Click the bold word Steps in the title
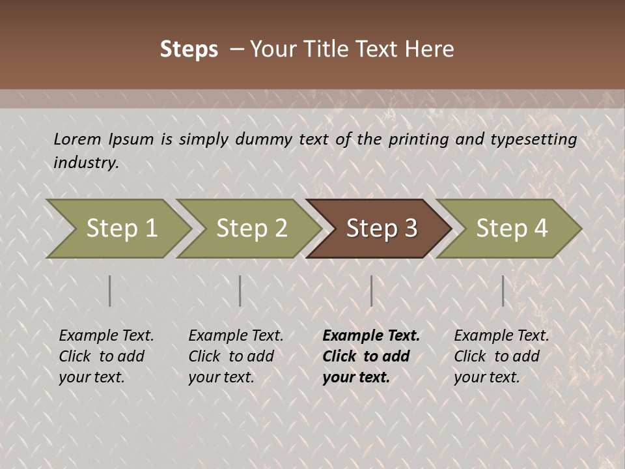(189, 50)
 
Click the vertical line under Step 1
(110, 291)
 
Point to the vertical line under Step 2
(240, 291)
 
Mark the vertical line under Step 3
(371, 291)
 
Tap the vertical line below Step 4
(503, 291)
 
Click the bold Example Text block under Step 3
(370, 356)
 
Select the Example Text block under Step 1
(106, 356)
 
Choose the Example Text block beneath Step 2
(236, 356)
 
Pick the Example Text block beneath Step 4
(501, 356)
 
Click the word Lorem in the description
(77, 139)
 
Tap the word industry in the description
(86, 162)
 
